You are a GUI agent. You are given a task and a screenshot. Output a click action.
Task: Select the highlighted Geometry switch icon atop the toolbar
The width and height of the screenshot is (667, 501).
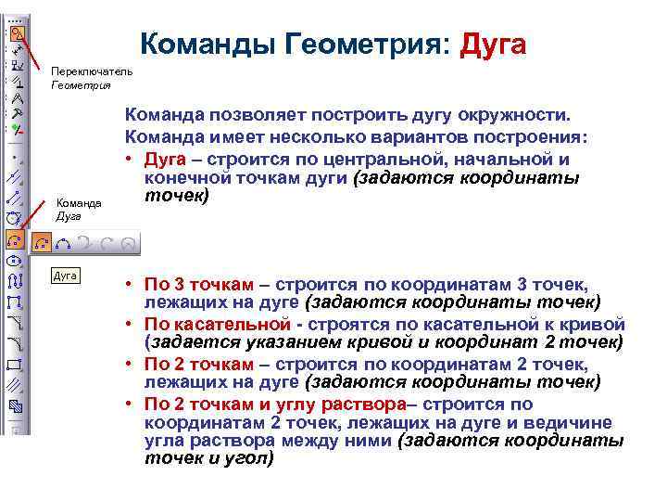16,32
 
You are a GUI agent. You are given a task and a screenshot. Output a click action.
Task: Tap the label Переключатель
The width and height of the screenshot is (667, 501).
92,71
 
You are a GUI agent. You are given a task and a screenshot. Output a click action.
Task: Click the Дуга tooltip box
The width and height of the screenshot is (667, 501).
65,276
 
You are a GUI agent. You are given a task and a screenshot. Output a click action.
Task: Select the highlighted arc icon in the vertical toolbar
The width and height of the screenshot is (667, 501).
15,240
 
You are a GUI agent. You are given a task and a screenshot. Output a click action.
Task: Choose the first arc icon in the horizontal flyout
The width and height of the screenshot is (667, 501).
42,243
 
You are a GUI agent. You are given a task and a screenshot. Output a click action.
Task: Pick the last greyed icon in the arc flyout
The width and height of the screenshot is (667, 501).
131,243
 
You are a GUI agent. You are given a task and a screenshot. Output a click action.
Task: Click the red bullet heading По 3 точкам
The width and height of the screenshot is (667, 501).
195,285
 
